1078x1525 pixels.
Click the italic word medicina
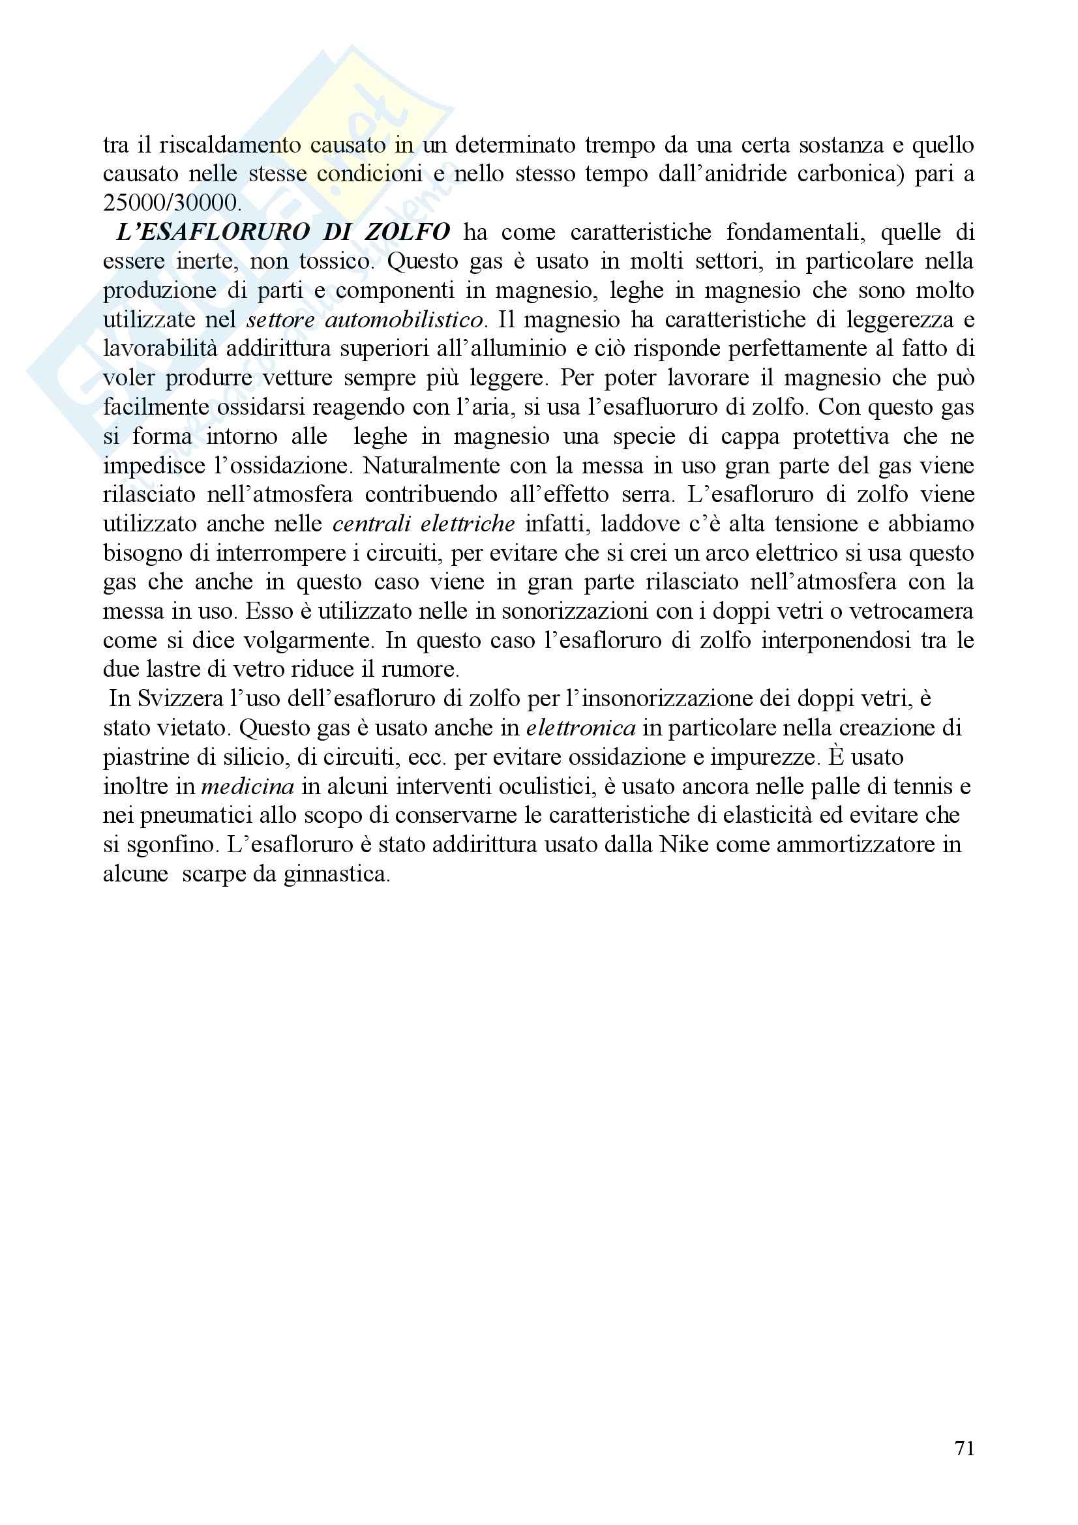pos(247,787)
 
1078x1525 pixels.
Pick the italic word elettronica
pos(580,729)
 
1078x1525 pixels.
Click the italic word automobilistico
pos(404,320)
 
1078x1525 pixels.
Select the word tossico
pos(337,261)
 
